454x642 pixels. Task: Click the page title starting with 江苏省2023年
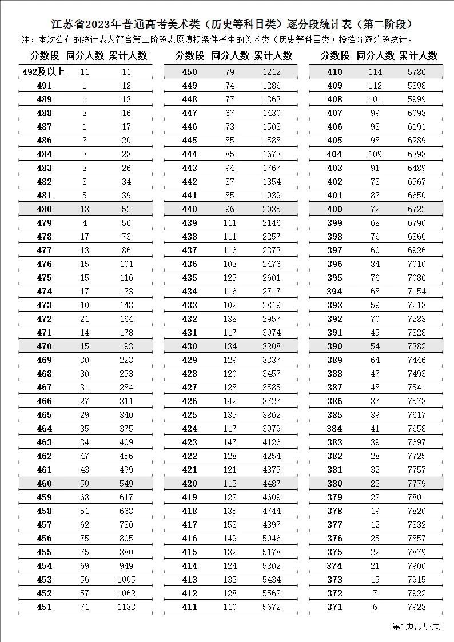pyautogui.click(x=227, y=25)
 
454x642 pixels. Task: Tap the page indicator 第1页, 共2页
pyautogui.click(x=416, y=626)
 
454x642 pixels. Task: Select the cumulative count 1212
pyautogui.click(x=272, y=72)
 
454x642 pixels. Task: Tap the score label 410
pyautogui.click(x=334, y=72)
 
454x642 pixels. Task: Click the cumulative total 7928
pyautogui.click(x=417, y=607)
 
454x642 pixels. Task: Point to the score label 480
pyautogui.click(x=44, y=209)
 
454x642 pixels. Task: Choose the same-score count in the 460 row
pyautogui.click(x=85, y=484)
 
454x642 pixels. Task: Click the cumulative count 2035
pyautogui.click(x=272, y=209)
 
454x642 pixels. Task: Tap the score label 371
pyautogui.click(x=334, y=607)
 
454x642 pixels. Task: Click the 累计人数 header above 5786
pyautogui.click(x=419, y=55)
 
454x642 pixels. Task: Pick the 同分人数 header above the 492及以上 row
pyautogui.click(x=85, y=55)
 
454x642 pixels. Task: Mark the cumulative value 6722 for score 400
pyautogui.click(x=417, y=209)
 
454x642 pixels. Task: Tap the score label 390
pyautogui.click(x=334, y=346)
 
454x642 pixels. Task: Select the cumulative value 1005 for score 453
pyautogui.click(x=126, y=580)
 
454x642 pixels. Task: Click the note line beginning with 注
pyautogui.click(x=217, y=40)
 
